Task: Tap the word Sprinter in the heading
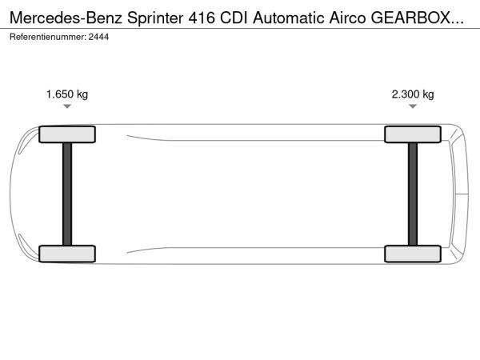pos(155,18)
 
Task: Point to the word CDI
pos(234,18)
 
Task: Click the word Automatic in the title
pos(289,18)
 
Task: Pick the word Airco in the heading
pos(347,18)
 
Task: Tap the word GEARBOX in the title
pos(411,18)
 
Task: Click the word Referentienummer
pos(48,37)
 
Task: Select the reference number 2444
pos(98,37)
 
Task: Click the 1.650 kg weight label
pos(67,94)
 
